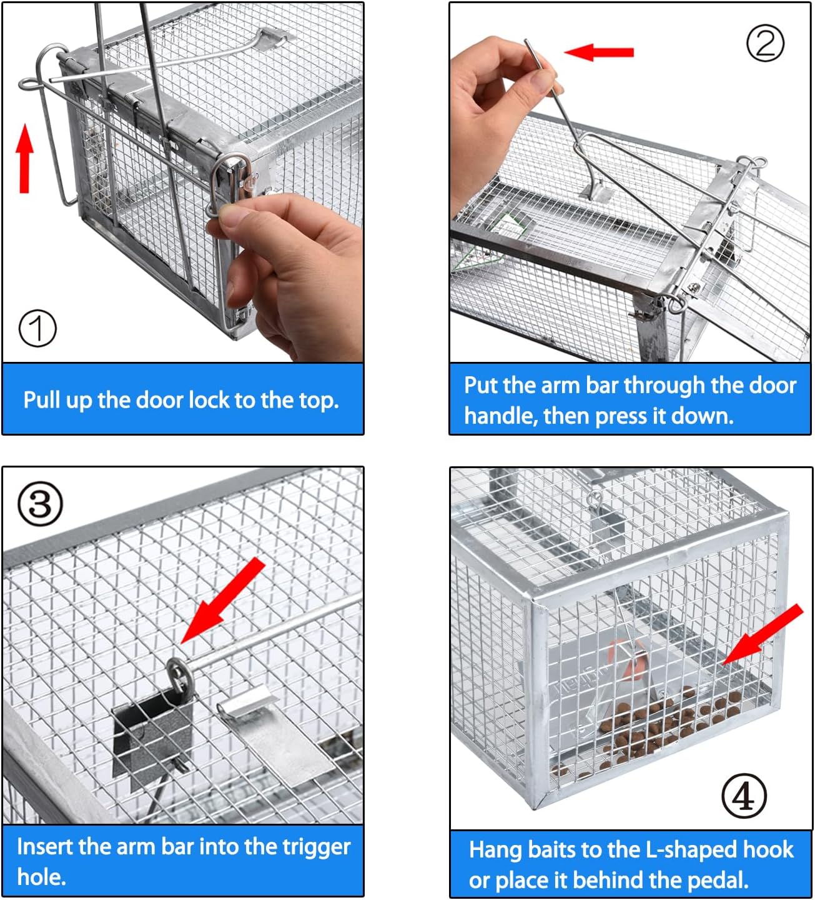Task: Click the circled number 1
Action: [37, 328]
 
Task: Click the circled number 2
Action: [765, 43]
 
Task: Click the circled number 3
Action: [40, 504]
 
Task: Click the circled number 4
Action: [743, 796]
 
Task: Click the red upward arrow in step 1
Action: [24, 158]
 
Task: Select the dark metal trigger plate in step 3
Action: [153, 734]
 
